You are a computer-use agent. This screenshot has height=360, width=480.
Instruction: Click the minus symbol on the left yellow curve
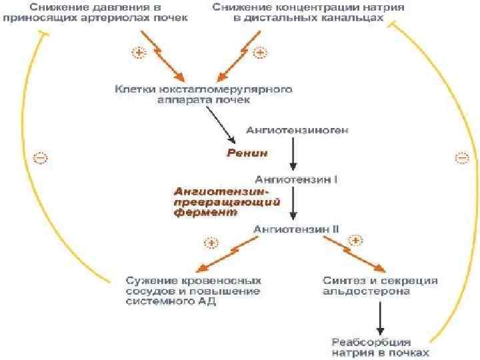[41, 158]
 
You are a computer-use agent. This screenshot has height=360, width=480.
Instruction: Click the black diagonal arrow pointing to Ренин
[223, 126]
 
